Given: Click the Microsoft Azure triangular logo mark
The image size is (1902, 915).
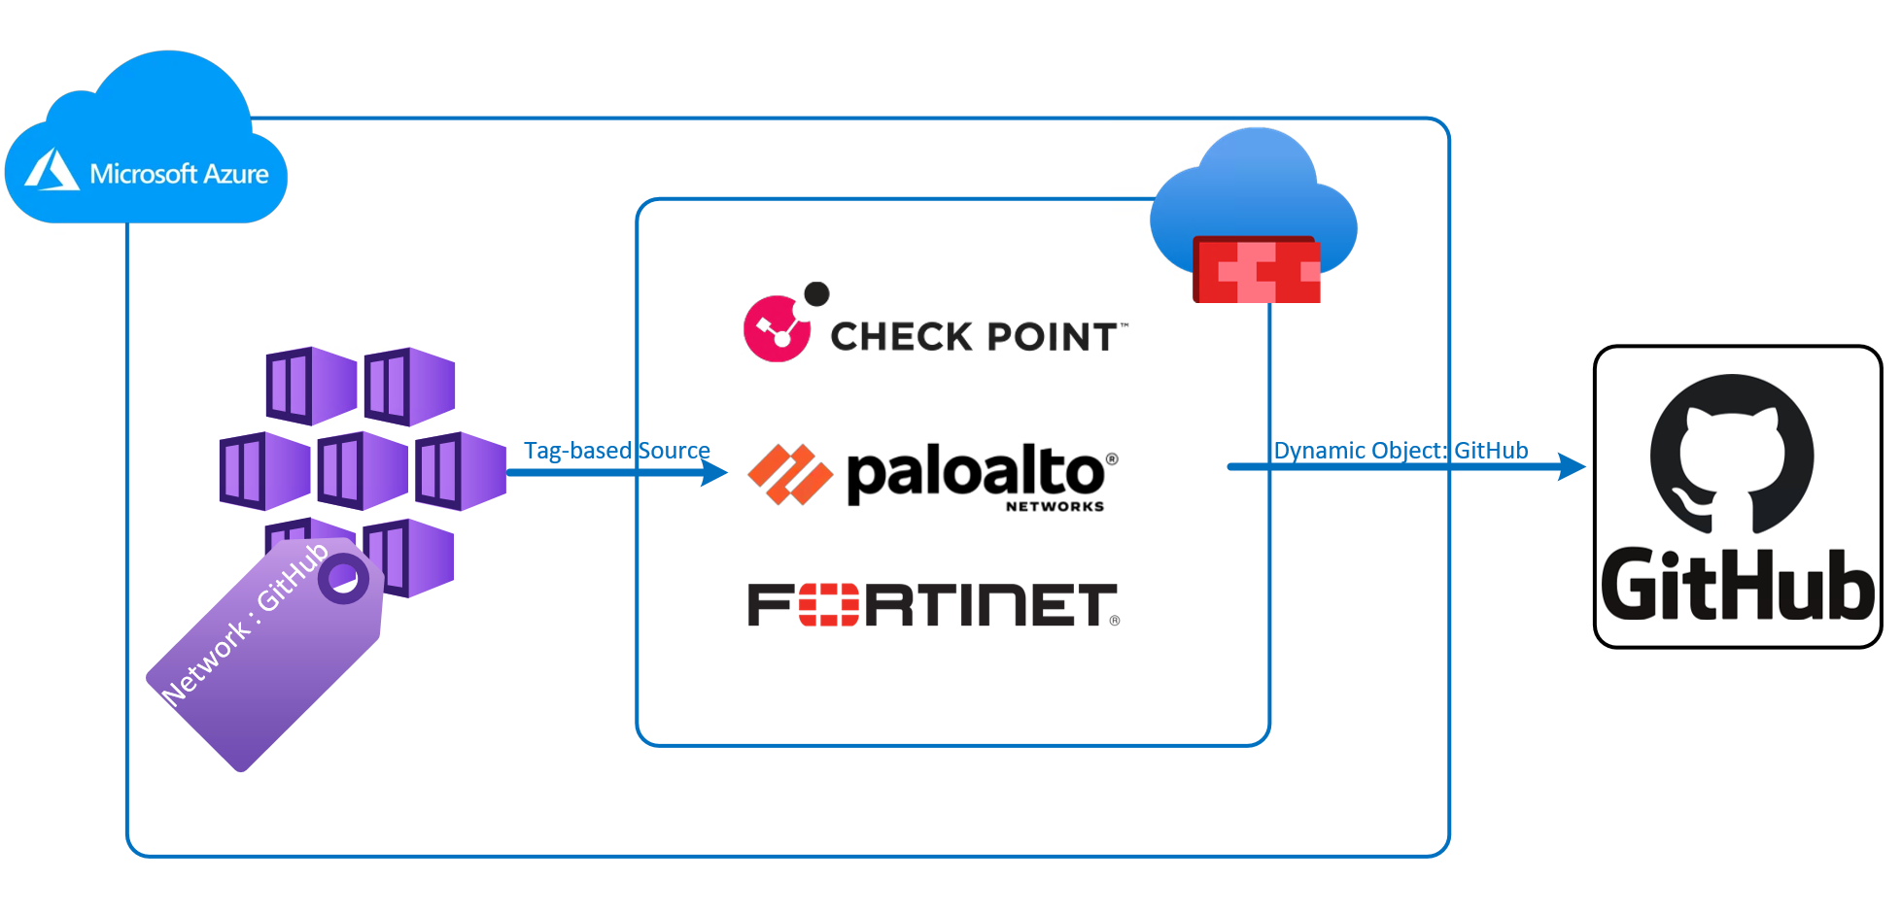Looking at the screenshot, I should pos(52,171).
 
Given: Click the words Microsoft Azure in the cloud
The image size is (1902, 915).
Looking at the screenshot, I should pos(179,174).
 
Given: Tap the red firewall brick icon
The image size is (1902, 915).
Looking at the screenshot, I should pos(1256,271).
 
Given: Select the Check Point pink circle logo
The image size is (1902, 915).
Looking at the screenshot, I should pos(777,328).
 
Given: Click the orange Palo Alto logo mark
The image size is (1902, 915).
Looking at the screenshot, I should pos(789,474).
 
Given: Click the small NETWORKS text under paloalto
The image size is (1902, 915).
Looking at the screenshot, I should pos(1055,506).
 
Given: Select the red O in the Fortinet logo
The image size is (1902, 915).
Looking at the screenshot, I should pos(828,605).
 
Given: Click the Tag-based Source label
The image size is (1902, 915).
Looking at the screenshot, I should pos(616,451).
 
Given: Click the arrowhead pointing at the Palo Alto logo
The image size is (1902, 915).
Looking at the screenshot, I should pos(716,473).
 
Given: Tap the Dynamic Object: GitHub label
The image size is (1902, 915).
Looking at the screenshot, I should pos(1401,451).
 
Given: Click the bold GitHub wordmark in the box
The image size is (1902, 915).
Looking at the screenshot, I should pos(1737,586).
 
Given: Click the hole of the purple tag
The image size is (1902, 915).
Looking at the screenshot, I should pos(342,579).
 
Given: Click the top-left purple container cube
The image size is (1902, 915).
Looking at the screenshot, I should pos(311,386).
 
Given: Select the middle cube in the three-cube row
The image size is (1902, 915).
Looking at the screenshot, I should pos(362,471).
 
